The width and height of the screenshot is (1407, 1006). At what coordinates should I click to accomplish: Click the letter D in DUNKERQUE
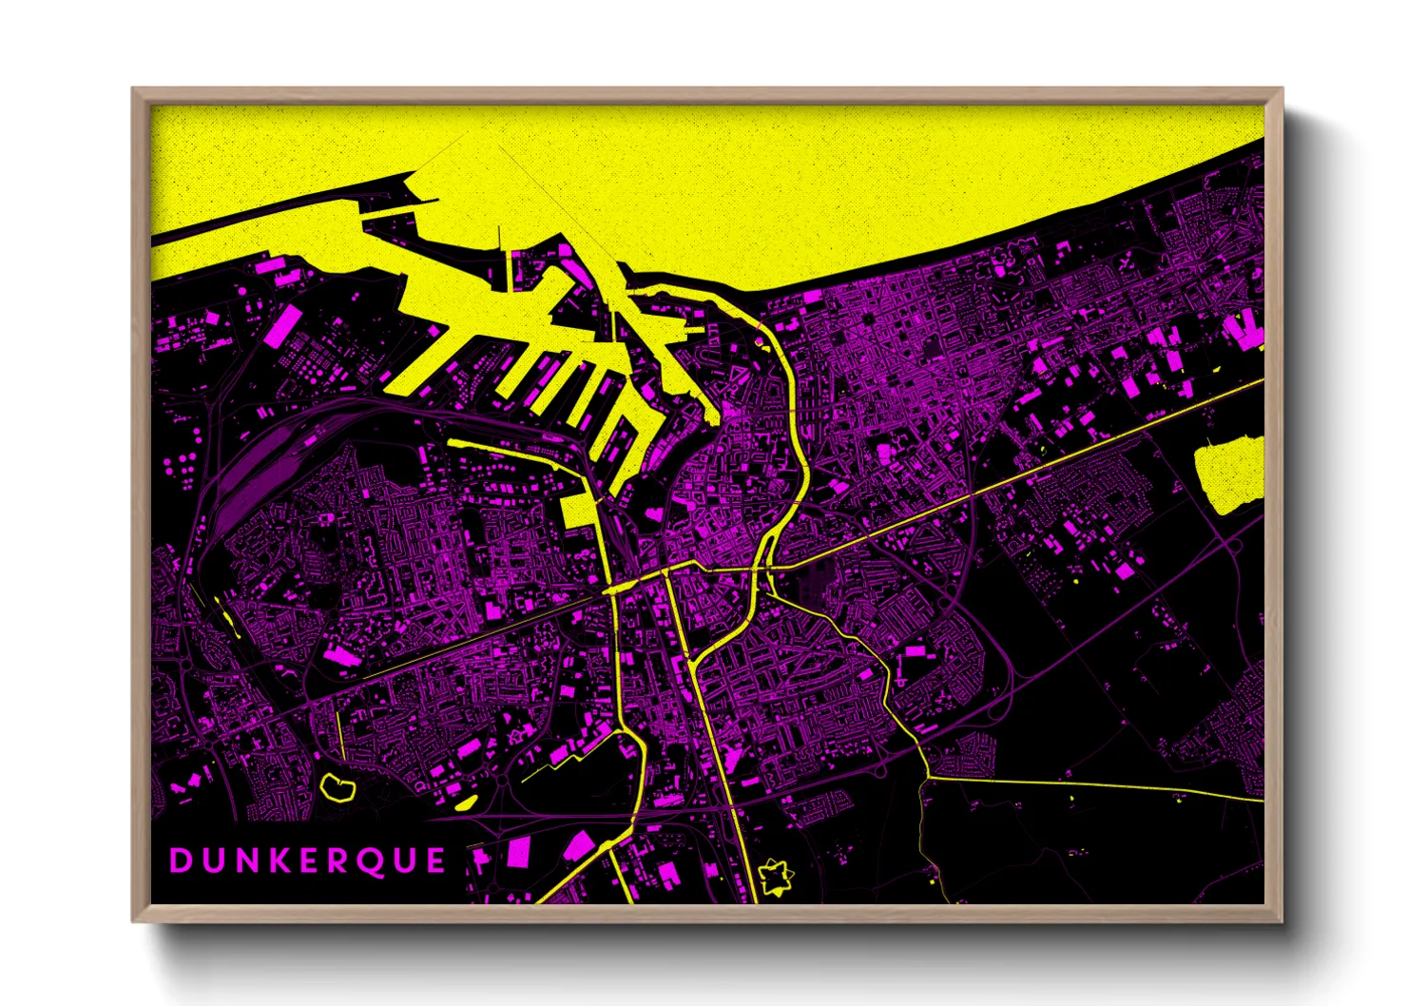181,861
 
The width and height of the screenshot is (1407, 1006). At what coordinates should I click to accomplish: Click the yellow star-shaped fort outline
775,877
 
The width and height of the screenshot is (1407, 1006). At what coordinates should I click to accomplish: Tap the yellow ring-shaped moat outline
337,787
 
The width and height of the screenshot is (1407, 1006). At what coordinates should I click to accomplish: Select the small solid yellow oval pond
465,803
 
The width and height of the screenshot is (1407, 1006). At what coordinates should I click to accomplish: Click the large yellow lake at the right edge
1230,474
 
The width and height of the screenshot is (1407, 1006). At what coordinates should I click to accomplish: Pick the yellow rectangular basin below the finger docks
576,511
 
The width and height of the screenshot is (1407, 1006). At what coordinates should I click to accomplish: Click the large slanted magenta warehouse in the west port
283,325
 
